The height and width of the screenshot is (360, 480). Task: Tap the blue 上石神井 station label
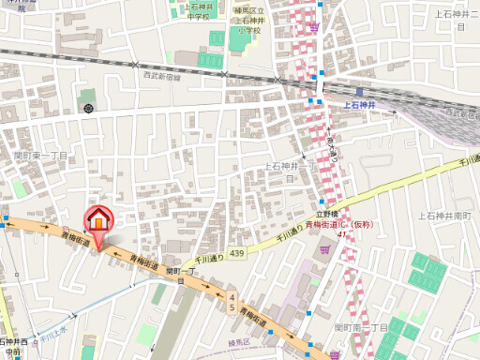(359, 106)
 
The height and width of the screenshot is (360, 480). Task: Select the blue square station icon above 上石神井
(359, 92)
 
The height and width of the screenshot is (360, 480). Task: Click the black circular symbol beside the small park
(88, 110)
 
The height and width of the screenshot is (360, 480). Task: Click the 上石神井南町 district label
(449, 217)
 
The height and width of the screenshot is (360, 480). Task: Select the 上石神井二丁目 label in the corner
(451, 20)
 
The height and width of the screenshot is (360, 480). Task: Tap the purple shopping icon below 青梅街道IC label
(324, 249)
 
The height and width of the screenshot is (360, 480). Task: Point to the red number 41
(341, 234)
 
